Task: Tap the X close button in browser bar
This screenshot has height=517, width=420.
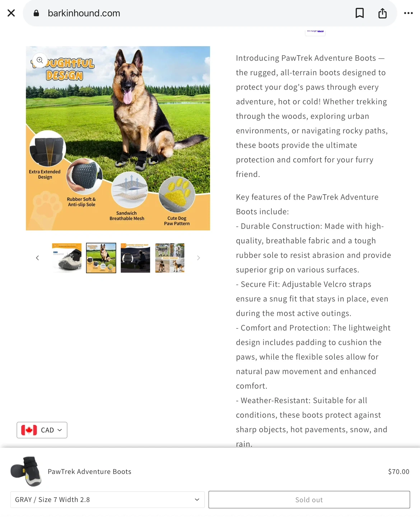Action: point(11,13)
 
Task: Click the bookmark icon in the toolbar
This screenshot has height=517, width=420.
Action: point(359,13)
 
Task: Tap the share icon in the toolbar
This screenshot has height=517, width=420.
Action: point(382,13)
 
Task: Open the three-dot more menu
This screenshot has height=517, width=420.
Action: point(408,13)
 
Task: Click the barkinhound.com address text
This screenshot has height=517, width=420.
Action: point(84,13)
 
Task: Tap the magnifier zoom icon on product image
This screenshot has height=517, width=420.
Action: point(40,60)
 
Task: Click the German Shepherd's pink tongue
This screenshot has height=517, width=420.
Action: point(127,97)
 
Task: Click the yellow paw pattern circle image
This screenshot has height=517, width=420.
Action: point(177,194)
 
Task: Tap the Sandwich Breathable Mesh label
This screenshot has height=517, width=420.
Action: point(127,216)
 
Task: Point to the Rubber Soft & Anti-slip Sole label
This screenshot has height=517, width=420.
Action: point(81,202)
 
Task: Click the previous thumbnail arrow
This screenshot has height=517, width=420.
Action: point(37,258)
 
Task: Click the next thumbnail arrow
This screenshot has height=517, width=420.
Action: point(199,258)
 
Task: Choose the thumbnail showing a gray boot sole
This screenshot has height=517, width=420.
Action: point(67,258)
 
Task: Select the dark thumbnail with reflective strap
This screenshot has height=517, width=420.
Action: point(135,258)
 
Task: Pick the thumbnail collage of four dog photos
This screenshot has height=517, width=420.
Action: point(170,258)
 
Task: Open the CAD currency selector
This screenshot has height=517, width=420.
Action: point(42,430)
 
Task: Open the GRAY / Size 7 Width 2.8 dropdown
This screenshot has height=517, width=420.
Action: point(107,500)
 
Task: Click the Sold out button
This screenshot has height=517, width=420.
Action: point(309,500)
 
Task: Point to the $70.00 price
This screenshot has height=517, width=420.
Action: point(398,472)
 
